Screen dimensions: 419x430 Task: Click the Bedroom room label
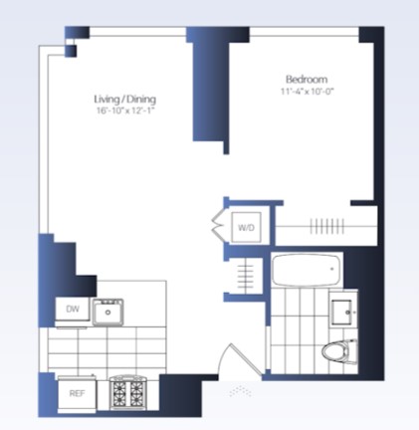(307, 79)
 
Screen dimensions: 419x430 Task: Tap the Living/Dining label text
(125, 99)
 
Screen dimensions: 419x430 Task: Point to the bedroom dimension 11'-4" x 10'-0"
(307, 92)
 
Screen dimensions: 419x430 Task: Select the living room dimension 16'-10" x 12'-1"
(125, 110)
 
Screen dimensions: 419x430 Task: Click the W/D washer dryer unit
(246, 227)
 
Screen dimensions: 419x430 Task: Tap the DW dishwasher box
(73, 309)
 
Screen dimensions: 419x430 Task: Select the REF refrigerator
(77, 393)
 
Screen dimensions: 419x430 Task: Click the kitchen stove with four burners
(127, 393)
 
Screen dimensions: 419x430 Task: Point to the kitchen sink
(108, 312)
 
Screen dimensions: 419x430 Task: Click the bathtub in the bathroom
(306, 270)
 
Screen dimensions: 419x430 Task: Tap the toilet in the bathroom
(339, 351)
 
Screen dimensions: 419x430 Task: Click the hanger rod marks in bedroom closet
(327, 226)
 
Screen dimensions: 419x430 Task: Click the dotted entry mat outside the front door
(240, 391)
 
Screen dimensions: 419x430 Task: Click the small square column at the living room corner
(71, 51)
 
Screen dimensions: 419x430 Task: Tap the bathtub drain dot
(332, 269)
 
